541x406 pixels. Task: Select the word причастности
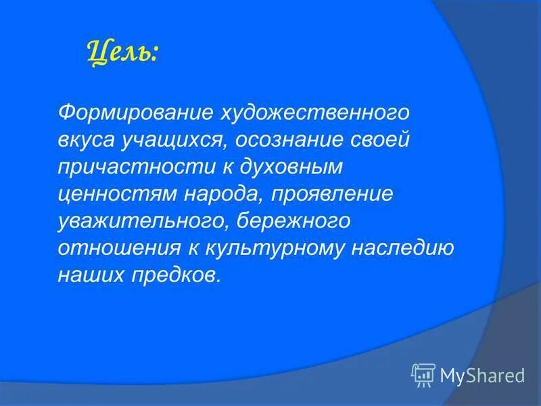[120, 166]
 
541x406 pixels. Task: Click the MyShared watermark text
[481, 374]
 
